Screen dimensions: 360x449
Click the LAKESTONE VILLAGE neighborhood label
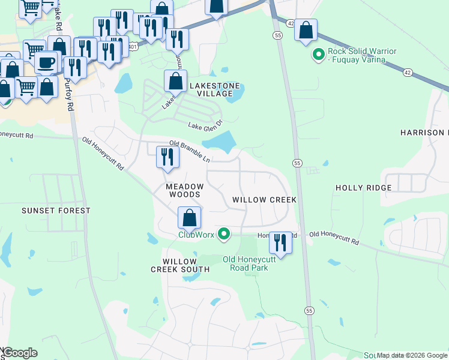point(211,89)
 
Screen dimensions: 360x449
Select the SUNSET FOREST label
point(56,211)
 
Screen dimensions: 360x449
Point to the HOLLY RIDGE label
point(363,188)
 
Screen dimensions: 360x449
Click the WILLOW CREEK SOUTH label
point(180,266)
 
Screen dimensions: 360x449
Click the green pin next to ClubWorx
point(224,233)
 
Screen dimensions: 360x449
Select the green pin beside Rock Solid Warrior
point(318,55)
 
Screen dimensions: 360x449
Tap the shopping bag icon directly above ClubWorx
point(190,218)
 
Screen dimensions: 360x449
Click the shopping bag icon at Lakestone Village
point(175,82)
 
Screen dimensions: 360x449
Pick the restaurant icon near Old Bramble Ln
point(167,158)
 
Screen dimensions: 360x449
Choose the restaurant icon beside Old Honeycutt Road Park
point(280,243)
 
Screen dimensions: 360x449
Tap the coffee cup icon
point(46,62)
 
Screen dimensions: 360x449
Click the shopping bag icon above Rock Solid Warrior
point(306,30)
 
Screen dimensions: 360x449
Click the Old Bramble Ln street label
point(190,152)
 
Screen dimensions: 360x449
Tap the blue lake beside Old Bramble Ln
point(219,142)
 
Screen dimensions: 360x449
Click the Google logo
point(20,353)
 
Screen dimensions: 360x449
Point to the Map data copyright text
point(412,355)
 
